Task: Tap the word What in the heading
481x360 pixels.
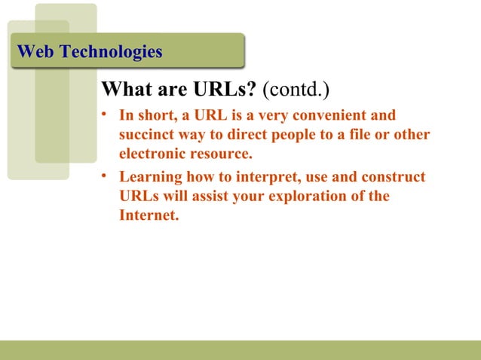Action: pyautogui.click(x=129, y=91)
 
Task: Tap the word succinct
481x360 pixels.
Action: pyautogui.click(x=146, y=136)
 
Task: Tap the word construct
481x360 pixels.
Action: pyautogui.click(x=392, y=178)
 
